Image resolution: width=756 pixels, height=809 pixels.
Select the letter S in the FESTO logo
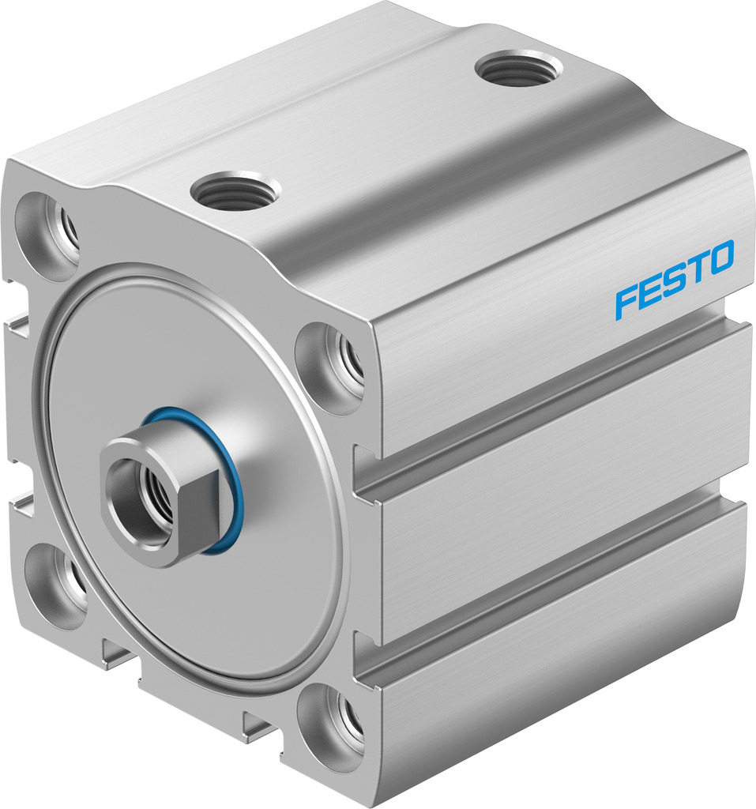(x=672, y=280)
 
